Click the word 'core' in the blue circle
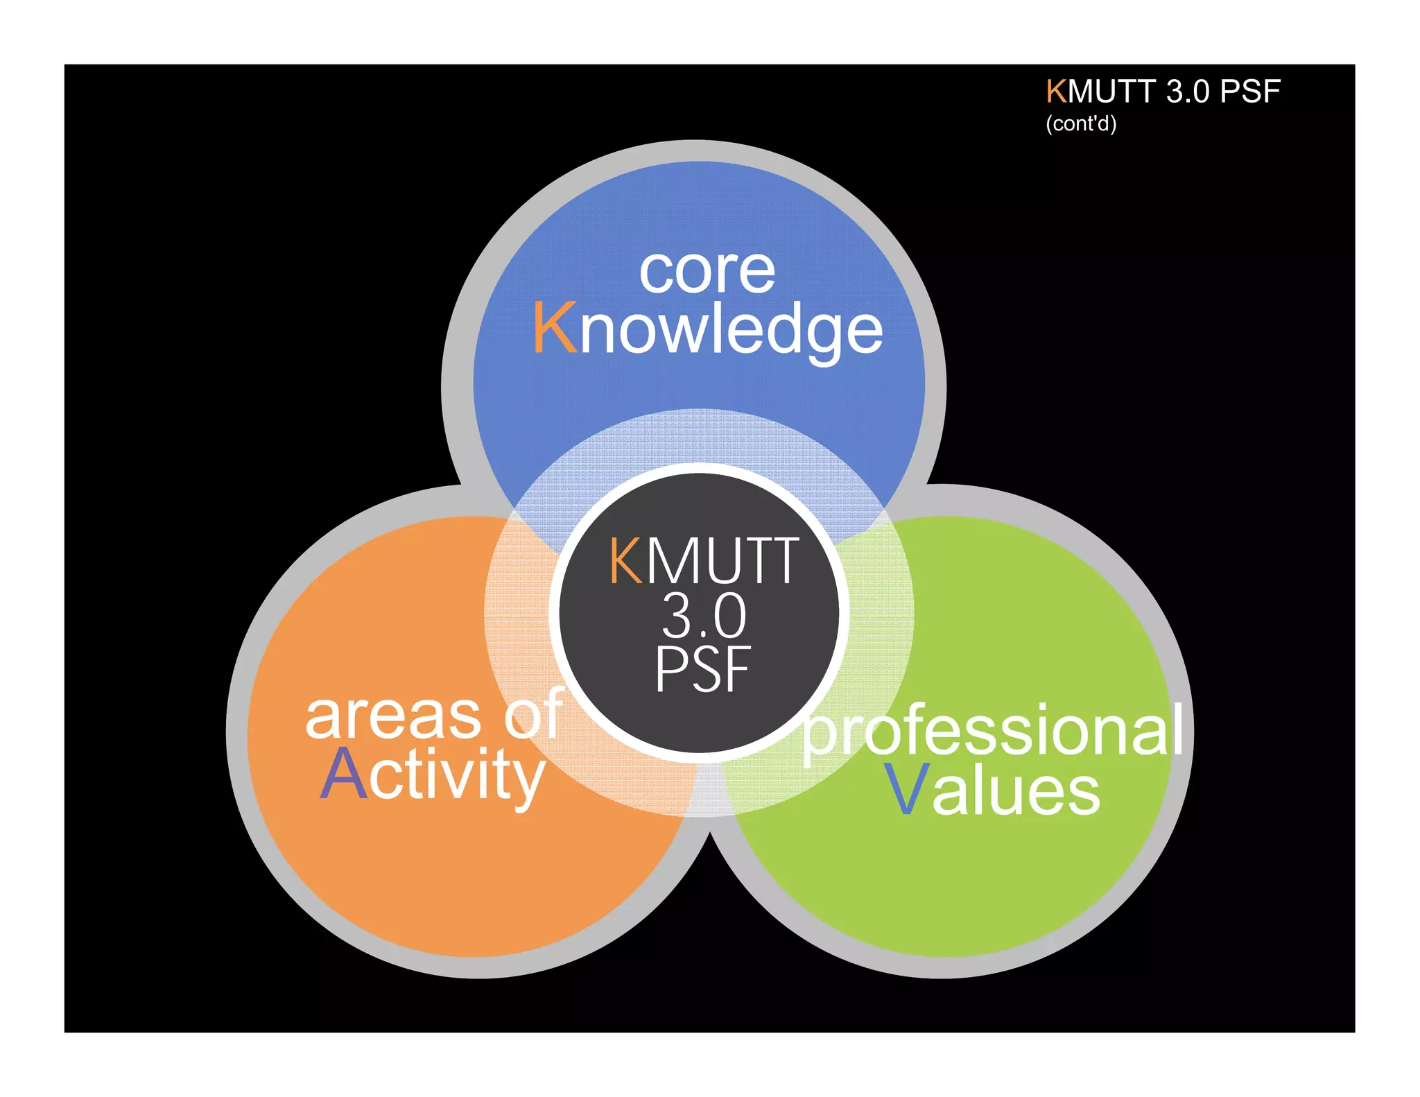pos(707,271)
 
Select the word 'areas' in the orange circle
pos(392,716)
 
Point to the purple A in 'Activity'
pos(343,775)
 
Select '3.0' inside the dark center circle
pos(704,616)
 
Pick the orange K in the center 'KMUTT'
pos(626,560)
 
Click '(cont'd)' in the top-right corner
pos(1081,124)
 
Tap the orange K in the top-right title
pos(1056,92)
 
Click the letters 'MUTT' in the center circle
pos(723,560)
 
